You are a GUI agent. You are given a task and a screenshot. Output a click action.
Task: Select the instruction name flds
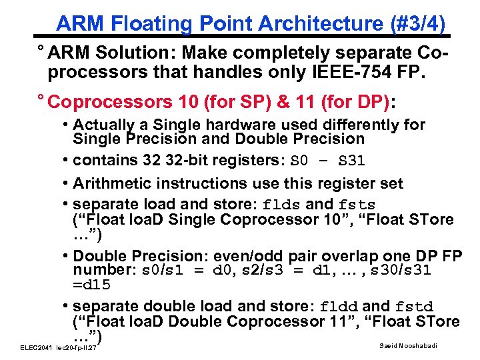[283, 205]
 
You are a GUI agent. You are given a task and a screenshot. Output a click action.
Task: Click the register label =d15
[92, 285]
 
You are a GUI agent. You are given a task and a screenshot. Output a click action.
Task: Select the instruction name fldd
[339, 307]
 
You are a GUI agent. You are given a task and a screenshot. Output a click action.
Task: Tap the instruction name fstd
[414, 307]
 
